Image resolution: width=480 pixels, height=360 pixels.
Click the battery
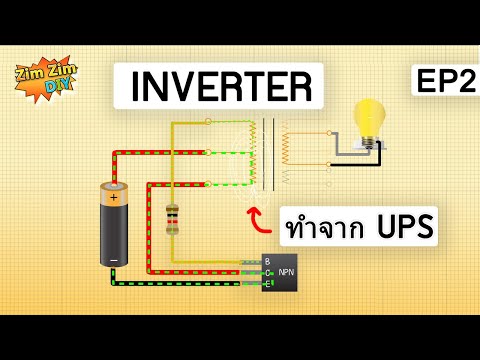click(113, 225)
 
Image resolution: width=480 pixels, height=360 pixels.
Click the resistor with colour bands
click(172, 218)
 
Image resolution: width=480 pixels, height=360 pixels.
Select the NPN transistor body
click(279, 272)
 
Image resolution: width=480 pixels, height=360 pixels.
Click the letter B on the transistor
click(267, 261)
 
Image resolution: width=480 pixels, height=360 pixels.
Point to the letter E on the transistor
click(267, 284)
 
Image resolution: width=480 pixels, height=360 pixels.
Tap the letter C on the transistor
click(267, 272)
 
